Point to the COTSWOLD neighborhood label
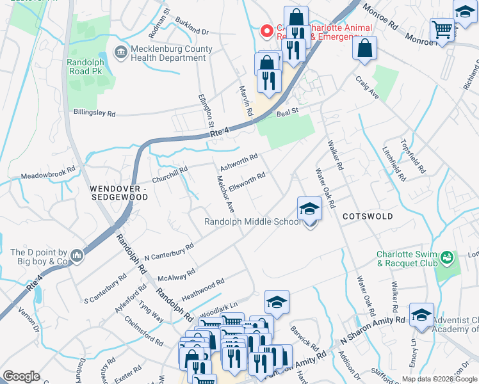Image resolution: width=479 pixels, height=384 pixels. coord(368,216)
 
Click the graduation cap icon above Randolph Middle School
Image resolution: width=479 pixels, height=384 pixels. coord(309,208)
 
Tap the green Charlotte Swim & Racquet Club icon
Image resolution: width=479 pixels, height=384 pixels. coord(447,258)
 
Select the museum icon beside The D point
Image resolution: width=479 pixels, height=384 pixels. coord(77,256)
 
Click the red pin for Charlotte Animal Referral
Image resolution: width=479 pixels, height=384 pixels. coord(265,31)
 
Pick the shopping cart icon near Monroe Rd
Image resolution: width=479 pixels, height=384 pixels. coord(442,29)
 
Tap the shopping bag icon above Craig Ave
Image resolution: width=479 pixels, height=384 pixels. coord(364,47)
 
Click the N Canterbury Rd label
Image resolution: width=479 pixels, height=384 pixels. coord(168,252)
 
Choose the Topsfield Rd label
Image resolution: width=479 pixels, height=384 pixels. coord(413,156)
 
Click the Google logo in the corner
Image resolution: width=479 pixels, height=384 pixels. coord(21,376)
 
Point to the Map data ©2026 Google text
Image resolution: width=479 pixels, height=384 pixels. coord(439,379)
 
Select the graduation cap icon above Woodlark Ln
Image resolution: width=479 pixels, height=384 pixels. coord(277,302)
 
